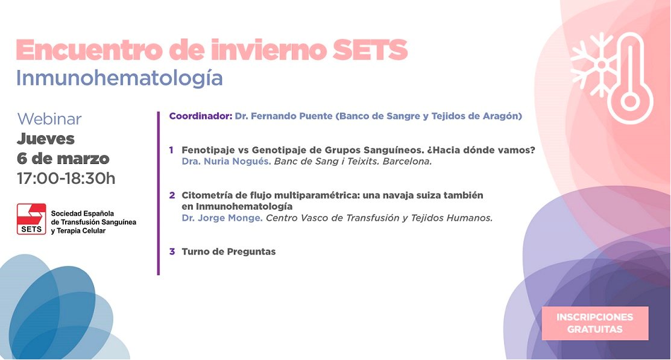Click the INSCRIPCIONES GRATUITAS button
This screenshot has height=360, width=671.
(594, 323)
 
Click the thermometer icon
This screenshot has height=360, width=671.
(630, 78)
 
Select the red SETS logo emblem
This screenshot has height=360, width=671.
(31, 219)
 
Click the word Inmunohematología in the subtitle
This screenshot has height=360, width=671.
(119, 78)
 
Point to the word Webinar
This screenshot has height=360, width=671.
(49, 119)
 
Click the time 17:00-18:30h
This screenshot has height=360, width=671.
(66, 178)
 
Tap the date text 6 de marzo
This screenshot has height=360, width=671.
(63, 159)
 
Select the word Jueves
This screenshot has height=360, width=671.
(46, 139)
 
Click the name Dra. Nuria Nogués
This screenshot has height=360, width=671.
(226, 162)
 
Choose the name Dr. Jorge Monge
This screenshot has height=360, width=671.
(222, 218)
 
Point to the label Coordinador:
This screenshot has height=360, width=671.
(200, 116)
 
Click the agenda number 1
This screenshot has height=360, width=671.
(172, 150)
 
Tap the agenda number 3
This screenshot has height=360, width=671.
(172, 251)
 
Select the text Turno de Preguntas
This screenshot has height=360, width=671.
(228, 251)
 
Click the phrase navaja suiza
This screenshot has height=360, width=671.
(408, 195)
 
